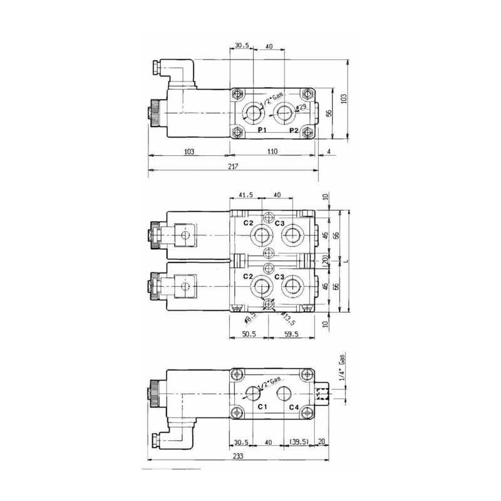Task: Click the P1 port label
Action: click(x=262, y=130)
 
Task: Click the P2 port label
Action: click(x=294, y=130)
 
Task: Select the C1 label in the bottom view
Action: click(x=263, y=408)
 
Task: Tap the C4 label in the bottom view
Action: click(x=294, y=408)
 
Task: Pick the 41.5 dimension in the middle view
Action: click(x=245, y=195)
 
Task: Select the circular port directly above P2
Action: click(x=284, y=113)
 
